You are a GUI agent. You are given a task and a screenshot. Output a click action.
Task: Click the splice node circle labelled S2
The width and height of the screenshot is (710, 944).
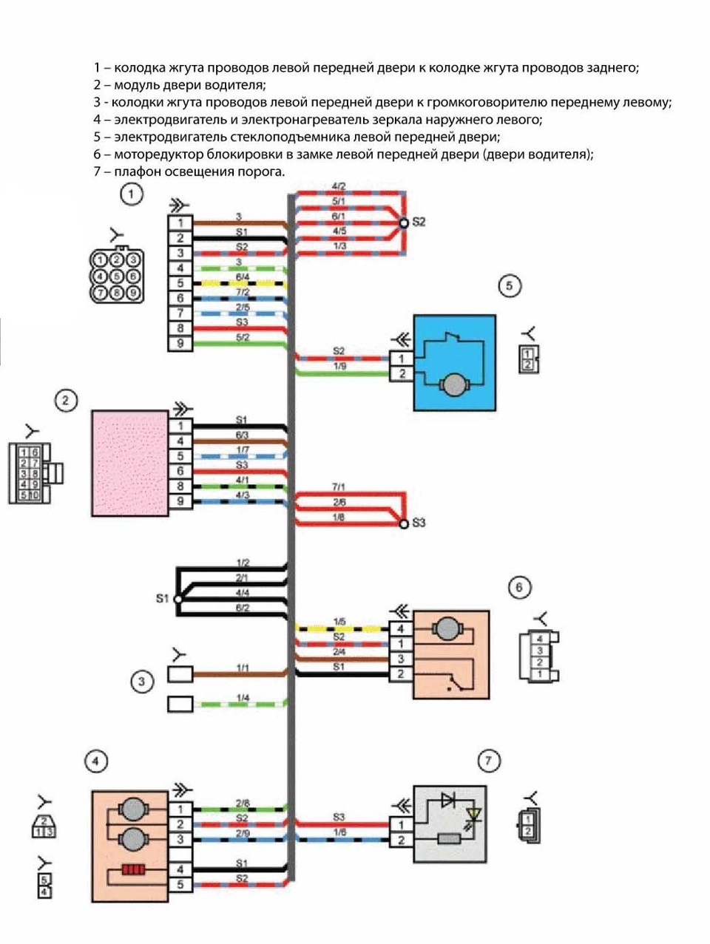pos(403,223)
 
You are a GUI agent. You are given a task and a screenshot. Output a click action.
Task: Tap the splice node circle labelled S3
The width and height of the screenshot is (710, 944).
pos(403,524)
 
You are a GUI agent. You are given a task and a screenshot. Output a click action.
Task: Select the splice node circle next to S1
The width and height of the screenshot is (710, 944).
pos(177,599)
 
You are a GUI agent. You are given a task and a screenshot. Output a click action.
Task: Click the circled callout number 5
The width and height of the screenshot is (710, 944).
pos(509,286)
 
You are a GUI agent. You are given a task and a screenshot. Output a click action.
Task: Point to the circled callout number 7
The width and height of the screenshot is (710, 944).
pos(488,761)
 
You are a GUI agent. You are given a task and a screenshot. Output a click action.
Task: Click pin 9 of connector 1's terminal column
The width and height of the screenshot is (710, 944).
pos(180,344)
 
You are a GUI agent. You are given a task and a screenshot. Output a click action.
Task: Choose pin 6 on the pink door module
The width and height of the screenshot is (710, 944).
pos(180,472)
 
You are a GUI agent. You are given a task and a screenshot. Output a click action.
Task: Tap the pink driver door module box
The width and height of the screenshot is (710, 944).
pos(129,463)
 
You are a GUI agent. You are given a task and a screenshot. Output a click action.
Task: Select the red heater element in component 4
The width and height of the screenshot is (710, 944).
pos(133,869)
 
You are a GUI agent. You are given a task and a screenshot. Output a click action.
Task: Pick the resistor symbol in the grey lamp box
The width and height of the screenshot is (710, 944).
pos(449,838)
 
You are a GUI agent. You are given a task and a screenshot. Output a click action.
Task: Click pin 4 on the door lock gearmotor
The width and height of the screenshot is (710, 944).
pos(401,629)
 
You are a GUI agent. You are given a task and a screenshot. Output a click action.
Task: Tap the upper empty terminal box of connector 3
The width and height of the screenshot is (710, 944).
pos(180,674)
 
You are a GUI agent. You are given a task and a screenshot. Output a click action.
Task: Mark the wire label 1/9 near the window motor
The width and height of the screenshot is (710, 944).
pos(339,366)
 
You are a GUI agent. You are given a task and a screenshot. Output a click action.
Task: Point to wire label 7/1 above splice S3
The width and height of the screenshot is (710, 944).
pos(339,487)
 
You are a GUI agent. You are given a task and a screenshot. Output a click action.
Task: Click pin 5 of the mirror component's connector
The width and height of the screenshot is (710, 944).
pos(180,884)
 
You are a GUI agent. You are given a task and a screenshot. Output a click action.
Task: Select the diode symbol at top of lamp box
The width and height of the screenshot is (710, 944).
pos(448,800)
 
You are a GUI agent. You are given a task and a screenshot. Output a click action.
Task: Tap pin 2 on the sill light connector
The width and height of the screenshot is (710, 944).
pos(401,840)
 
